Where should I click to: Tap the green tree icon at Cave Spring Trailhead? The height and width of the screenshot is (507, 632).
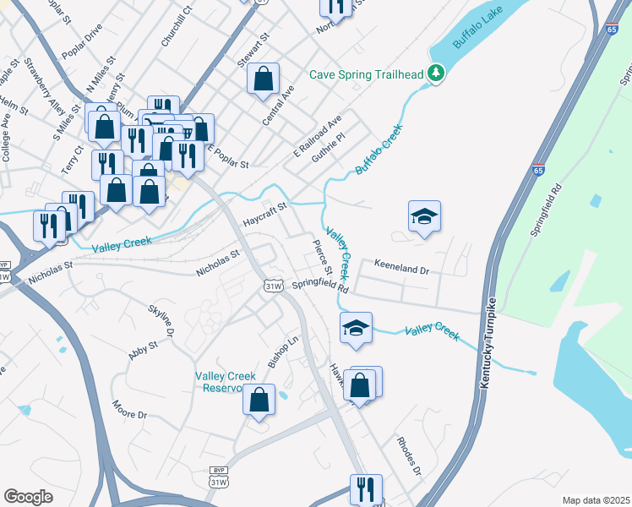coord(436,74)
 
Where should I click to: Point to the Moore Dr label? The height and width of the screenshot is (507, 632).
coord(129,410)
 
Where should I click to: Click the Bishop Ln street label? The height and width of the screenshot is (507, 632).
coord(284,352)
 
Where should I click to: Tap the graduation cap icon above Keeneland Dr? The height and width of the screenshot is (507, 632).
coord(424,216)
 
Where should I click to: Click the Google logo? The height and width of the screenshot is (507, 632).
coord(29,497)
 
